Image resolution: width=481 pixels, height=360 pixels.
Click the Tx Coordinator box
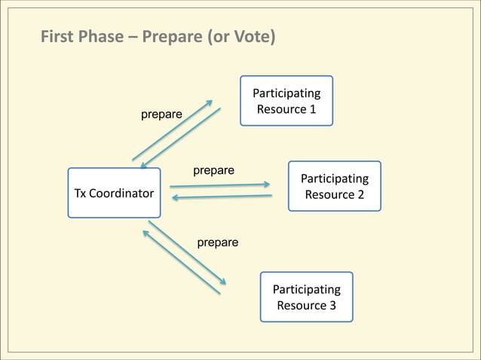tap(113, 193)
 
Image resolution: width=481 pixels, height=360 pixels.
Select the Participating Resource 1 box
tap(286, 101)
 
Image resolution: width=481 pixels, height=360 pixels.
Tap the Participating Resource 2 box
tap(334, 186)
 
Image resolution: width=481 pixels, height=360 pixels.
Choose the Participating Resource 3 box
tap(306, 297)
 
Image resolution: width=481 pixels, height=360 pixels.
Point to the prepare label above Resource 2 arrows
tap(213, 170)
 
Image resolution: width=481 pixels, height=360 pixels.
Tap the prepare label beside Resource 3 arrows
tap(217, 243)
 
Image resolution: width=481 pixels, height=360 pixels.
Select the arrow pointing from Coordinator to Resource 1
tap(172, 130)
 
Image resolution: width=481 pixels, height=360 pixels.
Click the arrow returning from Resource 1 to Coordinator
tap(181, 138)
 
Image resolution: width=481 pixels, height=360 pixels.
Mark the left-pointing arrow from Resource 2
tap(222, 197)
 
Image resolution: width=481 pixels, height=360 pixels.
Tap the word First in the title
tap(57, 36)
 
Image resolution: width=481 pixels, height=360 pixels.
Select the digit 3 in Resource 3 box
tap(332, 306)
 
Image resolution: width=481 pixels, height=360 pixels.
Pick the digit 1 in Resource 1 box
tap(311, 110)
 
